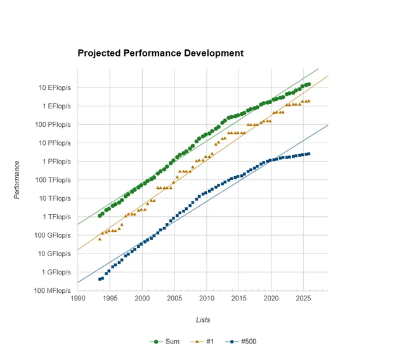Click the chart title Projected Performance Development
coord(160,53)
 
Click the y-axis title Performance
coord(17,180)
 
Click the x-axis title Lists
coord(202,320)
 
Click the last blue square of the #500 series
coord(308,153)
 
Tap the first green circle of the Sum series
coord(100,216)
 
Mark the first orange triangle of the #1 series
coord(100,239)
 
